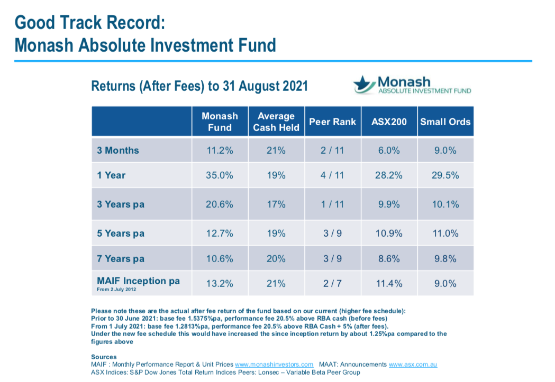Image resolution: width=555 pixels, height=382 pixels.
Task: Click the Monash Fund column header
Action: coord(220,122)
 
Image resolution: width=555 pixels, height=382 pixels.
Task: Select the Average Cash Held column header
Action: coord(276,122)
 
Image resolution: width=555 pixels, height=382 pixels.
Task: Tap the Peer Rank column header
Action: coord(332,122)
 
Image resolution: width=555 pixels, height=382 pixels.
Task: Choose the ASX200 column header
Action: coord(389,122)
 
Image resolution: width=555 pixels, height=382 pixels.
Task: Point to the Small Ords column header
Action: coord(445,122)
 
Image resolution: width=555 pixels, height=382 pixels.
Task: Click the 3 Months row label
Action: coord(118,151)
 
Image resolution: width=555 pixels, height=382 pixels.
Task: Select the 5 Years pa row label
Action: coord(121,233)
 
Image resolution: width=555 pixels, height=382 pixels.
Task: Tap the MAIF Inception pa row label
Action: coord(138,281)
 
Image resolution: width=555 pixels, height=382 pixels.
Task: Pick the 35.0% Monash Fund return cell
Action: coord(220,175)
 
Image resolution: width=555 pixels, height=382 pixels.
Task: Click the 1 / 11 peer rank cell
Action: coord(332,204)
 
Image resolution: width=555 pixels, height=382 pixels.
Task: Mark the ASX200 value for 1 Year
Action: coord(389,175)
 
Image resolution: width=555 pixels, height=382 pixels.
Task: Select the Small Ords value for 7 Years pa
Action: coord(445,258)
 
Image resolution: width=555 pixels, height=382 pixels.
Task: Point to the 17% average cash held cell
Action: coord(276,204)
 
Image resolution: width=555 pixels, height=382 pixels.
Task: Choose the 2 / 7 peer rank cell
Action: coord(332,284)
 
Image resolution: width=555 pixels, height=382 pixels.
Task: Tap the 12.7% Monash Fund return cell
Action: coord(220,233)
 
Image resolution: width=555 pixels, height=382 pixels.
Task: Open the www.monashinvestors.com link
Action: coord(274,365)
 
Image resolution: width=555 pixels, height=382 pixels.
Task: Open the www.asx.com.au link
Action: coord(413,365)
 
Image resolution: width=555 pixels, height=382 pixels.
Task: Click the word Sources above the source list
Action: coord(104,357)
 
